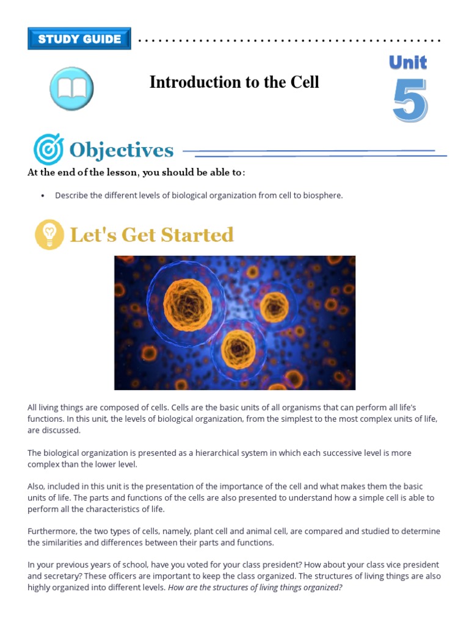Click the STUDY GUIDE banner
pyautogui.click(x=79, y=39)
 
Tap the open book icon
pyautogui.click(x=71, y=89)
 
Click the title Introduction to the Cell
pyautogui.click(x=234, y=82)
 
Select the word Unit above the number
pyautogui.click(x=407, y=63)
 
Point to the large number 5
pyautogui.click(x=409, y=101)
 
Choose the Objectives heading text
pyautogui.click(x=122, y=150)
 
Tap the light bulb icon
pyautogui.click(x=49, y=234)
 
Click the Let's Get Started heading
pyautogui.click(x=151, y=235)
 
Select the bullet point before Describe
pyautogui.click(x=42, y=196)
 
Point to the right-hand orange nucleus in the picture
pyautogui.click(x=274, y=307)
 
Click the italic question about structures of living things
pyautogui.click(x=255, y=587)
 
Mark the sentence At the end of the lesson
pyautogui.click(x=136, y=173)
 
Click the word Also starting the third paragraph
pyautogui.click(x=36, y=486)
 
